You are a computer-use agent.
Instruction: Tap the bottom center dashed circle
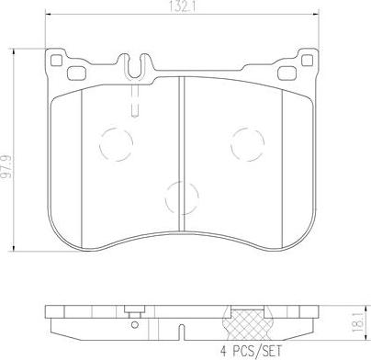pos(179,196)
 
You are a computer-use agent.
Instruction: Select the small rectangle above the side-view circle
pos(136,310)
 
